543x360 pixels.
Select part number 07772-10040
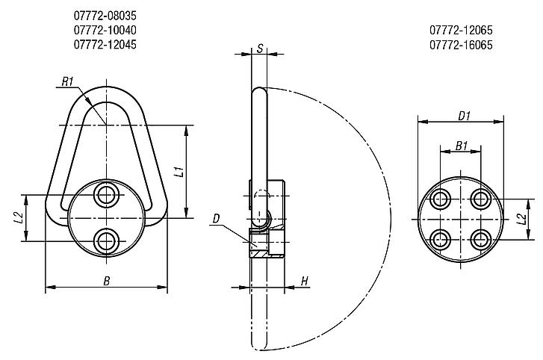(105, 31)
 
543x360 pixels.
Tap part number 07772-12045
(105, 45)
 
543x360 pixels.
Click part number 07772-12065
(461, 31)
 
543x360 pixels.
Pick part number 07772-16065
(461, 45)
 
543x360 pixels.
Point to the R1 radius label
(68, 81)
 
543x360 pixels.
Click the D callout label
(216, 218)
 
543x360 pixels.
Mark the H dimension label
(304, 281)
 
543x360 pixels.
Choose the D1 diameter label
(463, 115)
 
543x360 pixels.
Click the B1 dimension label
(462, 147)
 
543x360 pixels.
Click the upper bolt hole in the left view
(105, 196)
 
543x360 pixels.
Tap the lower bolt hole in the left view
(105, 240)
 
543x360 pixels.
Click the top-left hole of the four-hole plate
(439, 199)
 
